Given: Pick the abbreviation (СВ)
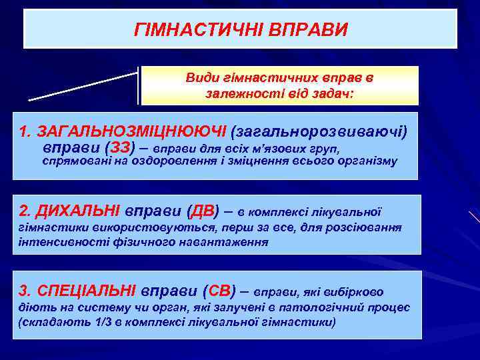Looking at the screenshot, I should pos(221,291).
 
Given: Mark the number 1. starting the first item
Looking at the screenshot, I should pos(25,129).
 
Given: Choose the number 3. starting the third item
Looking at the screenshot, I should pos(25,291).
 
